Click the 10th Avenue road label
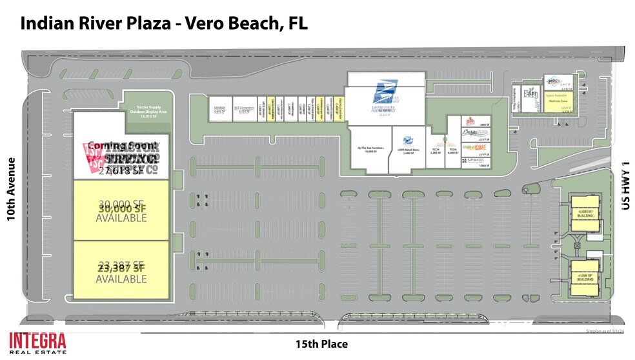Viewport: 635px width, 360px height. click(10, 189)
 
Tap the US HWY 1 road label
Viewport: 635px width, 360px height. click(623, 185)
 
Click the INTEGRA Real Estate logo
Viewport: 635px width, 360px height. click(37, 342)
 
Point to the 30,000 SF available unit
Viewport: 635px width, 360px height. click(121, 210)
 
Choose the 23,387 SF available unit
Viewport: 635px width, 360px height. click(121, 271)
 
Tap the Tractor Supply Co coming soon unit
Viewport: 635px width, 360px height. click(121, 157)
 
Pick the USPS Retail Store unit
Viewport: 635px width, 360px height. click(407, 149)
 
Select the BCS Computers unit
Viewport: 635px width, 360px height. click(242, 110)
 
